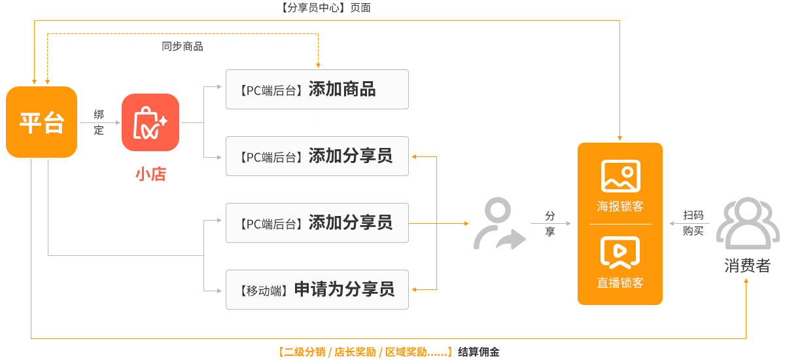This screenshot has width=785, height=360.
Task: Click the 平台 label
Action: coord(42,122)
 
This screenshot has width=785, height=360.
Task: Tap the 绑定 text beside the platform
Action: coord(99,122)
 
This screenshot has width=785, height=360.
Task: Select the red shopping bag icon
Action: coord(150,122)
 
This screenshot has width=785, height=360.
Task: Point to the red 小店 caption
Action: coord(150,174)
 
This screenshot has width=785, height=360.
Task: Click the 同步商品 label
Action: coord(183,46)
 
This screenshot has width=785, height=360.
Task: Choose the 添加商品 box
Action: coord(317,89)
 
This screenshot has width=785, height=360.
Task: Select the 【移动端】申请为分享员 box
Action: coord(317,289)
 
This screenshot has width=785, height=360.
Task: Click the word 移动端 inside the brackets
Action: coord(264,290)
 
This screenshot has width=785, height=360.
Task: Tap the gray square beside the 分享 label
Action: coord(500,223)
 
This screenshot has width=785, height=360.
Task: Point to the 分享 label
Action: coord(550,223)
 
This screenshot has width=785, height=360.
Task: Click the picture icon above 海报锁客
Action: coord(620,175)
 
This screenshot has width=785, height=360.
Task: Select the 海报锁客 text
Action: coord(620,206)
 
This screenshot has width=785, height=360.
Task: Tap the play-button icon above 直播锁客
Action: coord(620,252)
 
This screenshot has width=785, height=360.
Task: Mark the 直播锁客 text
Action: coord(620,283)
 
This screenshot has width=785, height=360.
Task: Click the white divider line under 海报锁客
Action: coord(620,224)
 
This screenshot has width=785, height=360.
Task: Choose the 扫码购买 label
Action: coord(693,223)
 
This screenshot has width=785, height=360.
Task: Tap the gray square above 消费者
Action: coord(747,223)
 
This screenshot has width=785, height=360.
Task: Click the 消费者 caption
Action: coord(747,266)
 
